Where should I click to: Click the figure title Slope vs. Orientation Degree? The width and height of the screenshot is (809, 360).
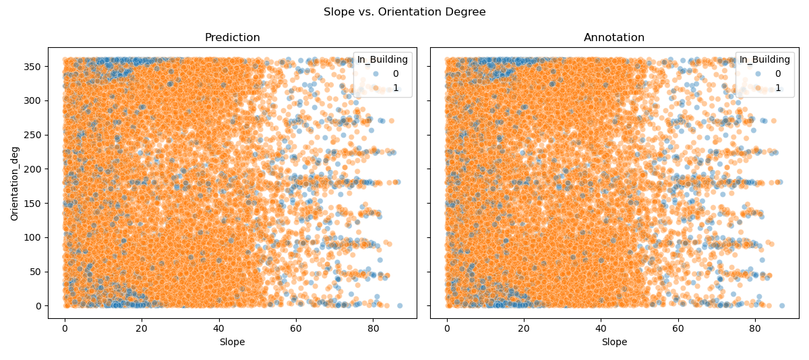[x=404, y=12]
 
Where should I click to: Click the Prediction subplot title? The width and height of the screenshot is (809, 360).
[x=232, y=38]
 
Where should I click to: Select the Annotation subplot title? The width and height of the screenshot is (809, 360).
[x=614, y=38]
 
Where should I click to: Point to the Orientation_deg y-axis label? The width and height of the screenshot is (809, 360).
[x=15, y=183]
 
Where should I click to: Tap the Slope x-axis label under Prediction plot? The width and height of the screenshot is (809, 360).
[x=232, y=342]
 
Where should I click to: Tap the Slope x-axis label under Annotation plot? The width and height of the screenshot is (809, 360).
[x=614, y=342]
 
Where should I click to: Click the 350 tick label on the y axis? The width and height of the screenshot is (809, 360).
[x=34, y=67]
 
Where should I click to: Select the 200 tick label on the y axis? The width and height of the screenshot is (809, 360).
[x=34, y=169]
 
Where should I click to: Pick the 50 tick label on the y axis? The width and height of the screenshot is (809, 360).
[x=36, y=272]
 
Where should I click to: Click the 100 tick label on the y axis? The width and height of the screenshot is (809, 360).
[x=34, y=237]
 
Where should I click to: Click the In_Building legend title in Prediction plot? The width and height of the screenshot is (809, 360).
[x=382, y=60]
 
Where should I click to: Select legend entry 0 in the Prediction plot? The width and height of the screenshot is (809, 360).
[x=395, y=73]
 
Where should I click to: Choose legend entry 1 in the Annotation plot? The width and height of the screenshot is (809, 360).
[x=777, y=88]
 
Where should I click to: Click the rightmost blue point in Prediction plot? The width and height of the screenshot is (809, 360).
[x=399, y=305]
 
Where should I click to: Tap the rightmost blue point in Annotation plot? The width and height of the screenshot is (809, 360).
[x=781, y=305]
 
